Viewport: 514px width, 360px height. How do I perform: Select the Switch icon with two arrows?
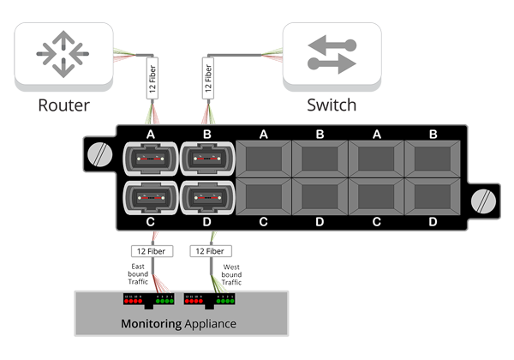tap(332, 53)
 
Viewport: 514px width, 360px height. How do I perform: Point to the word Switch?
tap(332, 106)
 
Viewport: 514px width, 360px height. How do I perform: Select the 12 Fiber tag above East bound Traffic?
tap(151, 251)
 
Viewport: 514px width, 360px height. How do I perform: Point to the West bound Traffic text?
tap(231, 274)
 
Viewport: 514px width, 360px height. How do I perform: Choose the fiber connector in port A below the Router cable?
tap(150, 160)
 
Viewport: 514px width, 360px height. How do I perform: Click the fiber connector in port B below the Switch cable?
tap(206, 160)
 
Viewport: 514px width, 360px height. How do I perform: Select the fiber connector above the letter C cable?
tap(150, 199)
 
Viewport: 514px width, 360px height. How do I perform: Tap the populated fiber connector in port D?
tap(206, 199)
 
